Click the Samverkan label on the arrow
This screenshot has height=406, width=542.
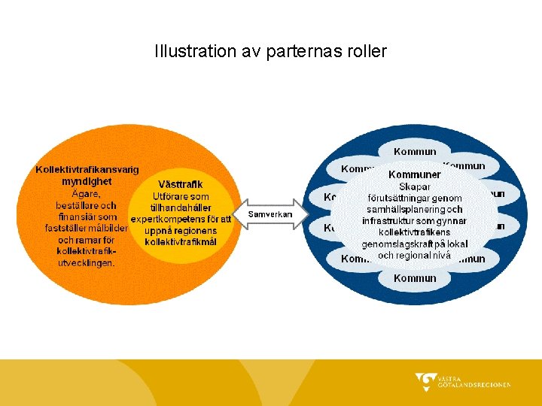[269, 214]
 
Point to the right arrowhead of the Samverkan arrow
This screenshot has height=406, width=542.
[304, 214]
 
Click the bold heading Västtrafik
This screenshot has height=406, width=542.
[180, 183]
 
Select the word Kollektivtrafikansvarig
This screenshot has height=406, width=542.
[87, 170]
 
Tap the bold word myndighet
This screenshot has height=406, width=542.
[87, 181]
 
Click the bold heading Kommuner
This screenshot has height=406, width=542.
[415, 174]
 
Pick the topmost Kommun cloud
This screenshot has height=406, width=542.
[415, 152]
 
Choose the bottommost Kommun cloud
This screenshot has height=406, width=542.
[415, 278]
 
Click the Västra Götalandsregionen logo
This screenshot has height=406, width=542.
[462, 382]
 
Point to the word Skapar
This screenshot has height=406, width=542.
[415, 186]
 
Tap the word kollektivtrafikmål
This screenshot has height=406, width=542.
[181, 241]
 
